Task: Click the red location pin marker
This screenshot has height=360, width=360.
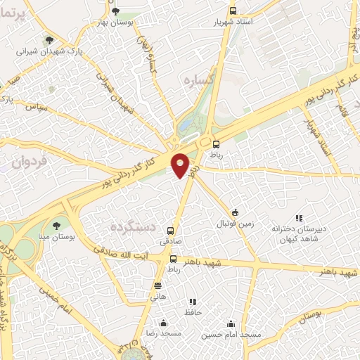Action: [x=181, y=166]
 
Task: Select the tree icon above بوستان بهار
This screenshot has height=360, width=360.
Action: [x=116, y=11]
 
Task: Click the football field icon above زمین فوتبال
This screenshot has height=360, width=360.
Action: [x=235, y=213]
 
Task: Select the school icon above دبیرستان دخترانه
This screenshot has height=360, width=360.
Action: [x=298, y=218]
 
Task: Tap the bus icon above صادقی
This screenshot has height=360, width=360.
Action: [x=172, y=230]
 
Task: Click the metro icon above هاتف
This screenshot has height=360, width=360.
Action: [x=157, y=285]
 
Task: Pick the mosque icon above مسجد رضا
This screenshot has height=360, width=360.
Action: [x=163, y=323]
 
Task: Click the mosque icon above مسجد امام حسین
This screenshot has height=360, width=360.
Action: [x=231, y=324]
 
